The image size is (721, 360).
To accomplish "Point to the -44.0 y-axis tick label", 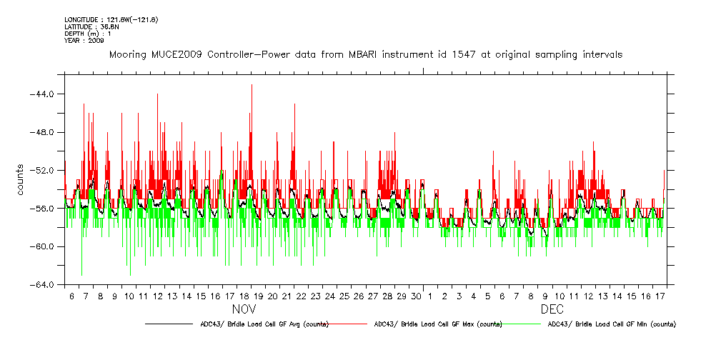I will pos(46,94).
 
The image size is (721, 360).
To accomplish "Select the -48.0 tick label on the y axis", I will pos(46,132).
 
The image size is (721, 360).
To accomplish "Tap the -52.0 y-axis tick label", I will pos(46,171).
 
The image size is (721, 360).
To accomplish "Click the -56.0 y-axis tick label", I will pos(46,209).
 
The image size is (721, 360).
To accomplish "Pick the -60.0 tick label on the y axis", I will pos(46,246).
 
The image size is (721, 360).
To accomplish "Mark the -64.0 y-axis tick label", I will pos(46,285).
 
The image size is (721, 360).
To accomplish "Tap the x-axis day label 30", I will pos(417,296).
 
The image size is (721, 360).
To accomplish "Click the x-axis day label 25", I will pos(344,296).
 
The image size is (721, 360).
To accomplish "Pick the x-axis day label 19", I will pos(258,296).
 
